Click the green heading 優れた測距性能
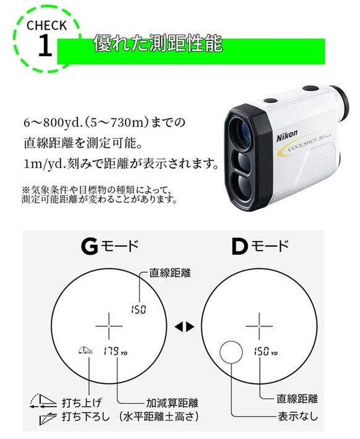(x=157, y=45)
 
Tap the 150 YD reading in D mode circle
(x=265, y=351)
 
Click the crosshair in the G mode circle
(x=109, y=323)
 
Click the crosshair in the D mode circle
(x=259, y=323)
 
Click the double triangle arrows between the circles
(x=184, y=325)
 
